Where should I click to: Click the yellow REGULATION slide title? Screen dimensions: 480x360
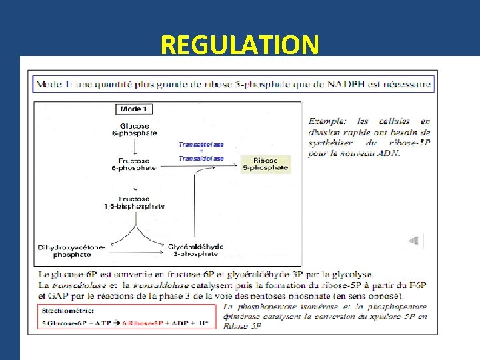239,45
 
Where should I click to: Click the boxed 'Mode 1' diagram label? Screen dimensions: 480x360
135,109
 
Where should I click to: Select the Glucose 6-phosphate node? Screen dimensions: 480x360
135,129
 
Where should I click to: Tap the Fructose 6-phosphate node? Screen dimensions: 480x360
134,164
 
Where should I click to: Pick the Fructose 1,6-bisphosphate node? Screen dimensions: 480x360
134,202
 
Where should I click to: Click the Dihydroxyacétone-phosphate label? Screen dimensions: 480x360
72,250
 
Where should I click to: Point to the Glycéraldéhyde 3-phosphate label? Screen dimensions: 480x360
196,250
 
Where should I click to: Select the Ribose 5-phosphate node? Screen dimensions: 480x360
265,164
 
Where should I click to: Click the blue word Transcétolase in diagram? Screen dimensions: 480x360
201,143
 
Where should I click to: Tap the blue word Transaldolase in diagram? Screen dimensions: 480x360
201,159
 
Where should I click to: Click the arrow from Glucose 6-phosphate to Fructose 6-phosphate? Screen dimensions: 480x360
134,147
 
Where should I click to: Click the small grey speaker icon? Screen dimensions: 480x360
413,241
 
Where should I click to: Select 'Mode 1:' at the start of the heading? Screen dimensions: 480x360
54,85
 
